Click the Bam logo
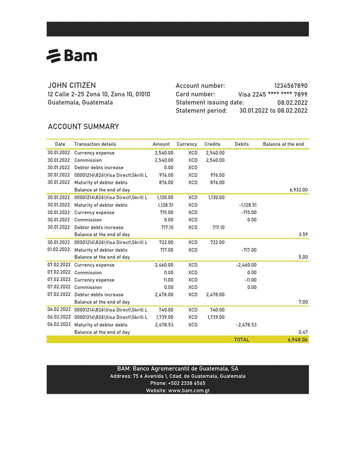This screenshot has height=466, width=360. coord(72,56)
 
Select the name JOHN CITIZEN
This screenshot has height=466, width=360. coord(72,85)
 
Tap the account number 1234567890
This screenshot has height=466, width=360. coord(291,86)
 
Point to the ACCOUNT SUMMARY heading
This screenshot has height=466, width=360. coord(83,127)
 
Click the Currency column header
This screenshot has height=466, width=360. coord(187,144)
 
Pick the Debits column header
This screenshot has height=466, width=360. coord(242,144)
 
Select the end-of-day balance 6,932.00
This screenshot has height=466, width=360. coord(298,190)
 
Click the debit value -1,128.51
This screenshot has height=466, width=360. coord(248,205)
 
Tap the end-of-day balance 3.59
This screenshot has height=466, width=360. coord(303,234)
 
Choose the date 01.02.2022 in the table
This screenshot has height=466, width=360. coord(58,250)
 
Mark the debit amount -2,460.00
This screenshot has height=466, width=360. coord(246,265)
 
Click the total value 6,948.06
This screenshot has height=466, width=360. coord(298,340)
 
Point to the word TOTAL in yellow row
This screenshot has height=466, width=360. coord(242,340)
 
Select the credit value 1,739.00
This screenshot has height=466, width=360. coord(216,317)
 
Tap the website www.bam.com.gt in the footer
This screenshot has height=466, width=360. coord(189,391)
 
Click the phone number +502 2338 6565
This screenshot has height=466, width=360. coord(187,383)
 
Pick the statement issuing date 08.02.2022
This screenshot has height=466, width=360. coord(292,103)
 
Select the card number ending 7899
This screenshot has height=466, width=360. coord(273,94)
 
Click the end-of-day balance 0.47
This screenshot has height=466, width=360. coord(303,332)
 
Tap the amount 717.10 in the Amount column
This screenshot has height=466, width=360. coord(167,227)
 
